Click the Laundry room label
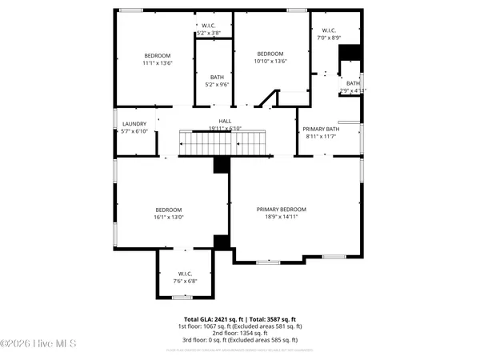coord(134,123)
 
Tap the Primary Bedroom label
coord(282,210)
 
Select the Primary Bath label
coord(322,129)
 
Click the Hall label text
coord(214,121)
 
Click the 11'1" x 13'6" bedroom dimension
coord(158,62)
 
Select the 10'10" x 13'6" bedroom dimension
coord(270,61)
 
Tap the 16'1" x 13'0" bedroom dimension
coord(169,217)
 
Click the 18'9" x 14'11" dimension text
coord(282,217)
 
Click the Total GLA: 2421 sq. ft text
coord(212,320)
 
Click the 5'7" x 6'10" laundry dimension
coord(134,130)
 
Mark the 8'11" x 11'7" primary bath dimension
coord(322,136)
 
